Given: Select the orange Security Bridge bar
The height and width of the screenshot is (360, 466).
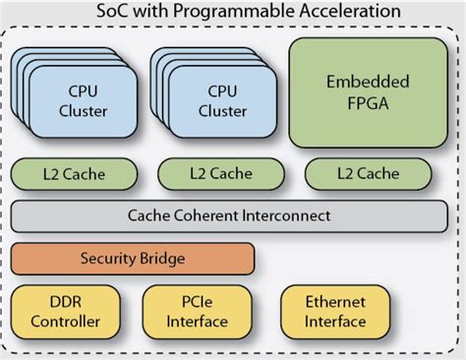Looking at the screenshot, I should tap(133, 258).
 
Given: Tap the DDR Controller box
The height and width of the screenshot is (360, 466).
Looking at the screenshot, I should tap(66, 312).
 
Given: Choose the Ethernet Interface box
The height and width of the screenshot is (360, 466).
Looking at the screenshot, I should tap(335, 312).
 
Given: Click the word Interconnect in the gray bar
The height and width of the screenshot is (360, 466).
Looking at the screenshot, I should tap(284, 215).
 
